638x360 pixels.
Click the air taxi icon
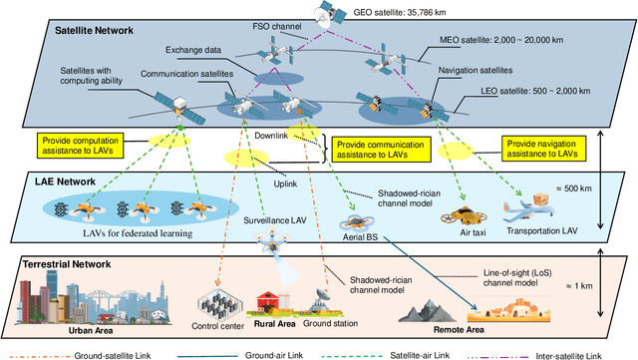pyautogui.click(x=463, y=215)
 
